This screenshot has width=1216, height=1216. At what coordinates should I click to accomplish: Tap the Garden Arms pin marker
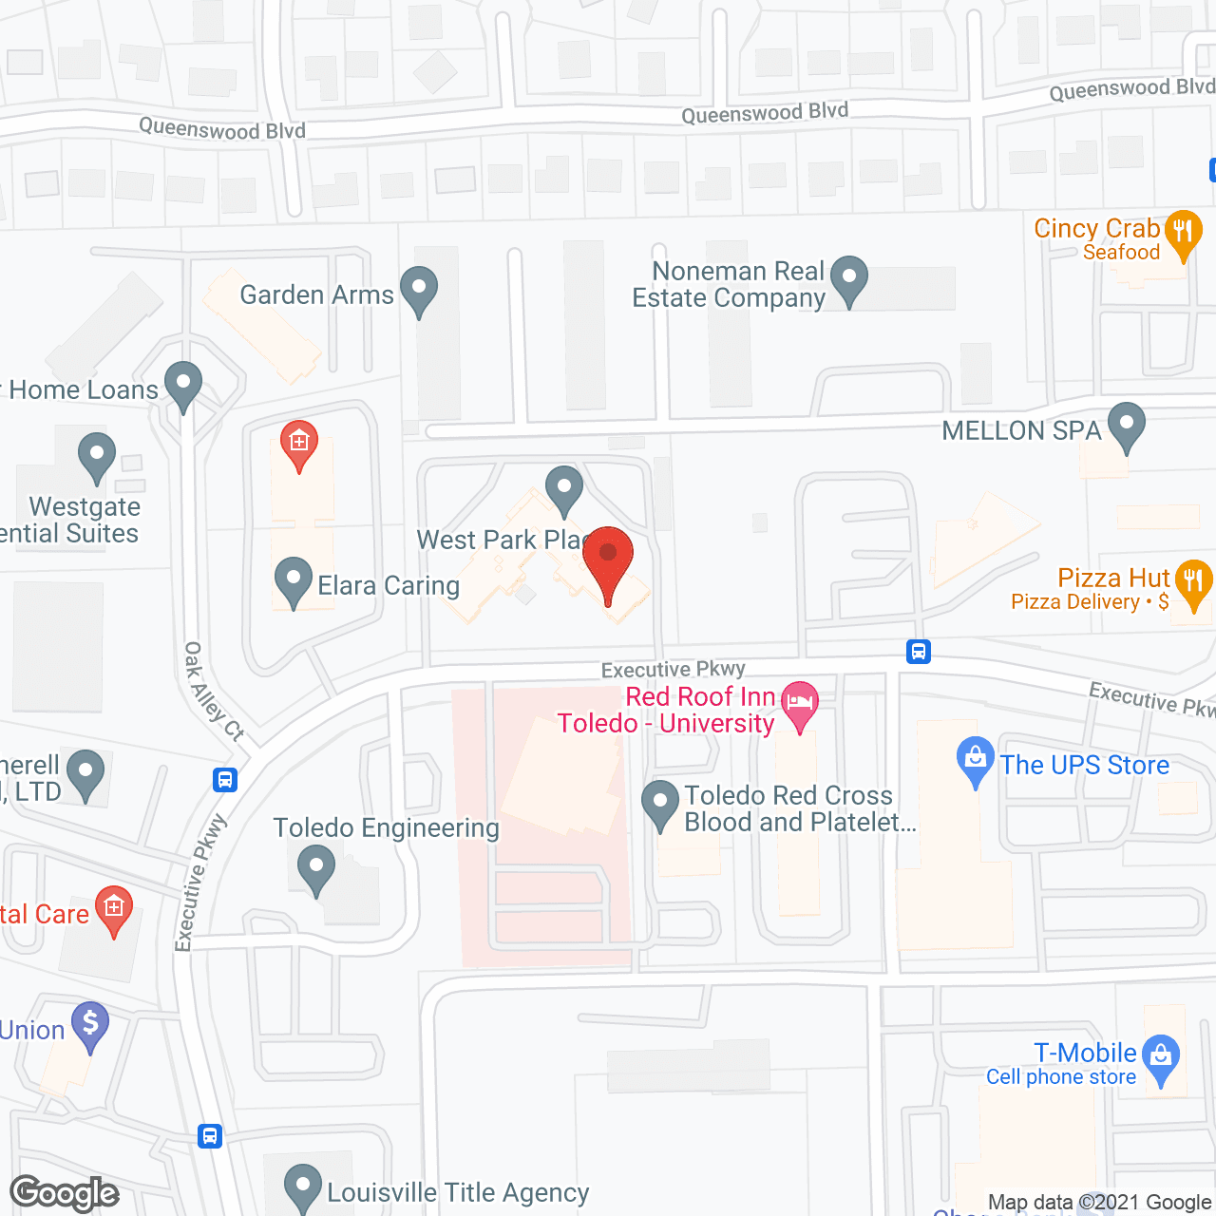tap(418, 289)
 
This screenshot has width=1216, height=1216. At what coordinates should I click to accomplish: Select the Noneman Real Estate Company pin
tap(848, 278)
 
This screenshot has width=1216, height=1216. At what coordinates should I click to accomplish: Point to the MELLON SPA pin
tap(1127, 425)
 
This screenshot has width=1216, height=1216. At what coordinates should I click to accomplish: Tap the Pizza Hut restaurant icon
tap(1193, 581)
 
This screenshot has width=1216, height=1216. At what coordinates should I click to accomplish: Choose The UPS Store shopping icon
tap(975, 760)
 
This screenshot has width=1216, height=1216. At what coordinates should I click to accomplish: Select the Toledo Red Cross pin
tap(660, 803)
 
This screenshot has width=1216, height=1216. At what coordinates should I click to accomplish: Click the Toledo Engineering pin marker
tap(315, 868)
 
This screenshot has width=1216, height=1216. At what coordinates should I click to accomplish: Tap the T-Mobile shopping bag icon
tap(1160, 1057)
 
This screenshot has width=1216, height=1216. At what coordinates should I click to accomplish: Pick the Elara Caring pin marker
tap(293, 579)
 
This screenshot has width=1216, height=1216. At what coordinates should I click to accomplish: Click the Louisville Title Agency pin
tap(303, 1186)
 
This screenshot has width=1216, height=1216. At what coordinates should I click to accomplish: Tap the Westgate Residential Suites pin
tap(96, 455)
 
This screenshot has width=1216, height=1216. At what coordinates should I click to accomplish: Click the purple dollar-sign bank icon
tap(90, 1025)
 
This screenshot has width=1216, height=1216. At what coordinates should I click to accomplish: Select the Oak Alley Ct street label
tap(213, 692)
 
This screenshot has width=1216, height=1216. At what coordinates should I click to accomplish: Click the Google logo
tap(65, 1193)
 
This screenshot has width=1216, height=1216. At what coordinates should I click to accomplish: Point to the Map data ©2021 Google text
tap(1099, 1203)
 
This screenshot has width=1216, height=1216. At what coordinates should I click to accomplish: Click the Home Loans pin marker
tap(183, 385)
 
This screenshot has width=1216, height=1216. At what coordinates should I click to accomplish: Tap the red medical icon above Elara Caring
tap(299, 444)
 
